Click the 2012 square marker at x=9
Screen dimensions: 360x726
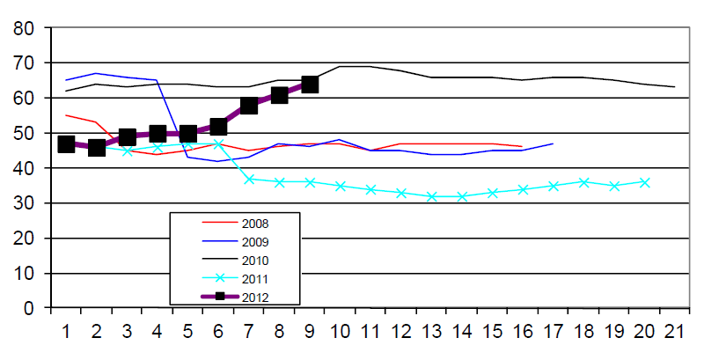[x=310, y=84]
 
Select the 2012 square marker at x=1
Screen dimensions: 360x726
[x=66, y=144]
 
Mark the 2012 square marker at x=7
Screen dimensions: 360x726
[x=249, y=106]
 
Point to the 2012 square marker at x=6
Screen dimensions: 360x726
[x=218, y=127]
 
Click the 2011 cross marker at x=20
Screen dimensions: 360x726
[x=645, y=182]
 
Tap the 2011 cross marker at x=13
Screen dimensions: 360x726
[x=431, y=196]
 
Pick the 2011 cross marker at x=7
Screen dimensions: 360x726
[x=249, y=179]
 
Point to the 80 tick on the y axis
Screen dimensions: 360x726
[x=24, y=28]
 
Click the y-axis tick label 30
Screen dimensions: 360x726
[x=24, y=203]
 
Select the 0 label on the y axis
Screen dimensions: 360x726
[x=29, y=309]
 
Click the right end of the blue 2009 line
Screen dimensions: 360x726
[x=553, y=143]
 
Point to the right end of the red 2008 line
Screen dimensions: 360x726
[x=523, y=147]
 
